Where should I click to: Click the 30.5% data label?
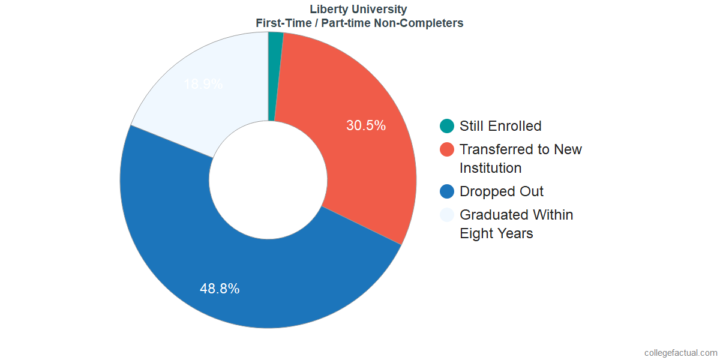pos(366,126)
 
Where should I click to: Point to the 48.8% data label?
pos(220,289)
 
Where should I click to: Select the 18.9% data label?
pos(203,85)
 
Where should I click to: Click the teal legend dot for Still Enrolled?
pos(447,126)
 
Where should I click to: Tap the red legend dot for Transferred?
pos(447,149)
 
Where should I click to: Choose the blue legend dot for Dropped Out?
pos(447,191)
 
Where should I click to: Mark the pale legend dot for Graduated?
pos(447,215)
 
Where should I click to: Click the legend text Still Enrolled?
pos(500,126)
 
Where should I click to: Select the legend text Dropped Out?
pos(502,191)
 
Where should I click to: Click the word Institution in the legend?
pos(490,168)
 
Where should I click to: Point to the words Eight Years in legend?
pos(496,233)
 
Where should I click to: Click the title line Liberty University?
pos(358,9)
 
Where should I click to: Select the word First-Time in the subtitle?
pos(281,23)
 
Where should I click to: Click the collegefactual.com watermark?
pos(680,353)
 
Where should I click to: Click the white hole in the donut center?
pos(268,180)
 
